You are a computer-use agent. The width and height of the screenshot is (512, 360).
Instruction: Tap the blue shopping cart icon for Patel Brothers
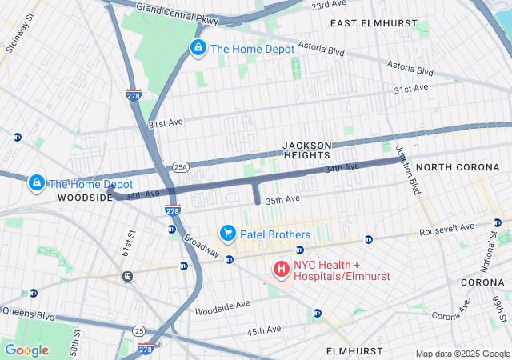click(x=228, y=234)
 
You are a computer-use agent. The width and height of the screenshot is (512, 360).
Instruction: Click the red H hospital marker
click(x=282, y=266)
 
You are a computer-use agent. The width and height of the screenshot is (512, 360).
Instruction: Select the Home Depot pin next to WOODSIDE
click(x=36, y=183)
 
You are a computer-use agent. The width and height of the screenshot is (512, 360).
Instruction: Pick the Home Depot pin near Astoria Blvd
click(x=198, y=48)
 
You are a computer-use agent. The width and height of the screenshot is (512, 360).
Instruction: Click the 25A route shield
click(x=181, y=167)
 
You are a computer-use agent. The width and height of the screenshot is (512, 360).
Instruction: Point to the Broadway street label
click(x=202, y=244)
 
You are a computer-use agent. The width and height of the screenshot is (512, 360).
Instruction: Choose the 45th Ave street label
click(x=263, y=330)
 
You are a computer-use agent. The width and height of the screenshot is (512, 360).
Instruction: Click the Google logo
click(x=26, y=350)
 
